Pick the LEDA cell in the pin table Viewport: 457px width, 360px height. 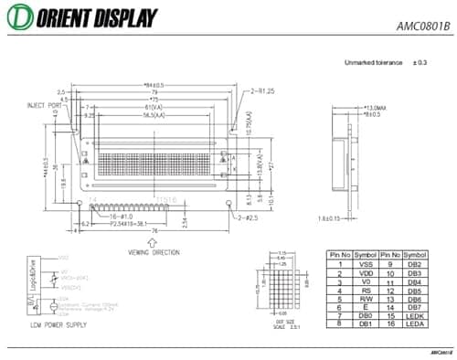click(x=416, y=323)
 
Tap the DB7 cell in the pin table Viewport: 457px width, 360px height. click(x=416, y=307)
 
